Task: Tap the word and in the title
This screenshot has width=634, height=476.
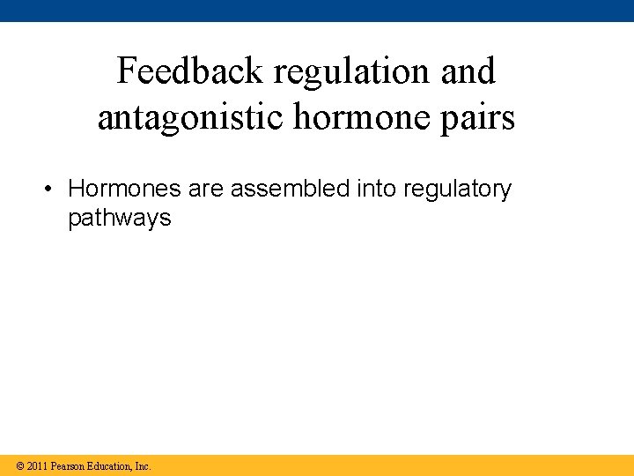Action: point(468,71)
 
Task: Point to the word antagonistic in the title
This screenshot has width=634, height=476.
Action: point(187,117)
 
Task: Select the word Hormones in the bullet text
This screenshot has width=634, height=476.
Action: point(124,190)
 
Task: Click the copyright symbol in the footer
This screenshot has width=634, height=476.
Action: point(19,465)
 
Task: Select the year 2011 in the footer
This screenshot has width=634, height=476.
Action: point(37,465)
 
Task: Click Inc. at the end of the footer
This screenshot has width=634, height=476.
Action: point(143,465)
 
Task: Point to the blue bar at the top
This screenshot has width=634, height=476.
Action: point(317,11)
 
